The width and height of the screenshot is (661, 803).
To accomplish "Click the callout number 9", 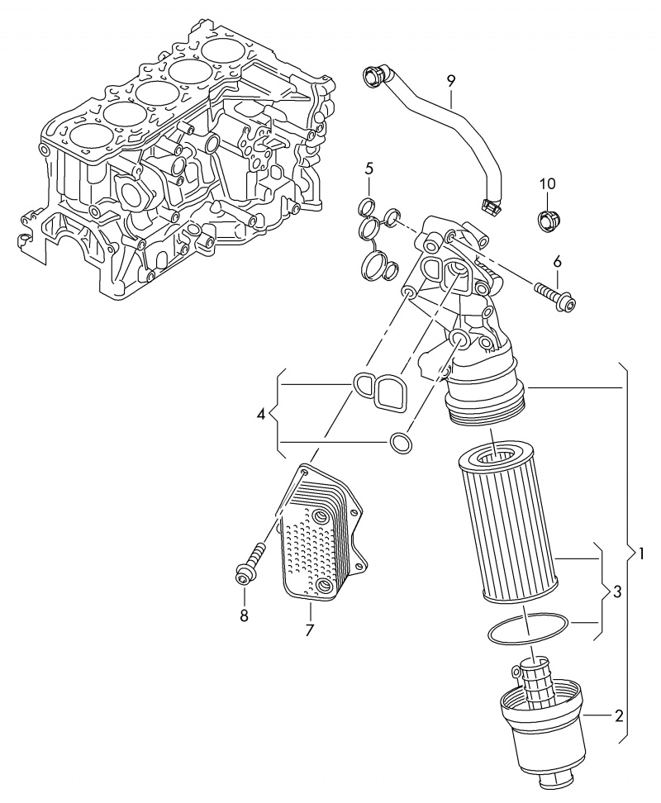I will click(x=451, y=80).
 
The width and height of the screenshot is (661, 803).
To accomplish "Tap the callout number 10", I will click(x=548, y=183).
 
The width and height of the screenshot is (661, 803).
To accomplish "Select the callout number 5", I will click(x=369, y=169).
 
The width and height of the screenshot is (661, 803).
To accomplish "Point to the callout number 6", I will click(x=557, y=261).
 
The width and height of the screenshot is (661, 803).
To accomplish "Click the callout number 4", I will click(x=261, y=414).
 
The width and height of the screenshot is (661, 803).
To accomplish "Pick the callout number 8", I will click(x=244, y=615).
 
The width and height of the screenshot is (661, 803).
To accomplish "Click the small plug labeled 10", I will click(x=547, y=219).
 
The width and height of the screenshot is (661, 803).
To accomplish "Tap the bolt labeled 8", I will click(x=248, y=563).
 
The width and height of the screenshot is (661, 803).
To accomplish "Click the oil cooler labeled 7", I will click(x=316, y=537).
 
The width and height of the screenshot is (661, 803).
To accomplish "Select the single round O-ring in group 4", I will click(x=401, y=443).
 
